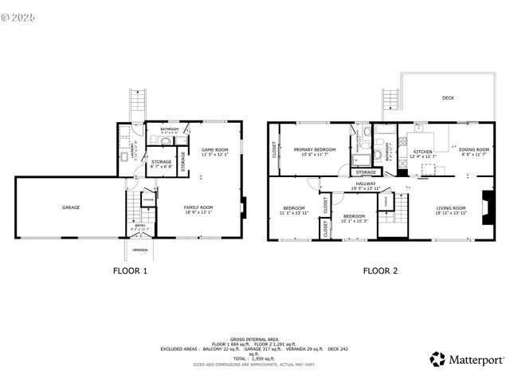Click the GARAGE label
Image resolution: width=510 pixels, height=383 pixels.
tap(71, 207)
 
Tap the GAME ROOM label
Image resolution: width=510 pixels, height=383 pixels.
tap(214, 150)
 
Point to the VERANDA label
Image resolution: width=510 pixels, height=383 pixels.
tap(140, 250)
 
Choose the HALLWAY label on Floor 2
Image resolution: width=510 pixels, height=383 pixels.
tap(367, 184)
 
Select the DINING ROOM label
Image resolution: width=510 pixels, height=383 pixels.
tap(473, 150)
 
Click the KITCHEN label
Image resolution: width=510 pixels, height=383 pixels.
tap(422, 151)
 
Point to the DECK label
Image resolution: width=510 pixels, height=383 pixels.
tap(449, 99)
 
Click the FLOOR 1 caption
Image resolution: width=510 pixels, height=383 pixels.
tap(130, 270)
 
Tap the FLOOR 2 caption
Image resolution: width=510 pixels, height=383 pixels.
tap(381, 270)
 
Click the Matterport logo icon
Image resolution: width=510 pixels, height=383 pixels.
tap(437, 359)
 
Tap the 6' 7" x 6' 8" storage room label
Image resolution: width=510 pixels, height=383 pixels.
tap(163, 164)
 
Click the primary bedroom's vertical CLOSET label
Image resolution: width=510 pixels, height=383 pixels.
tap(275, 150)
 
